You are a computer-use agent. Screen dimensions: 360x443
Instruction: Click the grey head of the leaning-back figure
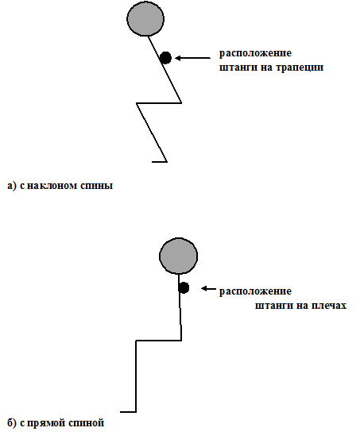coord(145,18)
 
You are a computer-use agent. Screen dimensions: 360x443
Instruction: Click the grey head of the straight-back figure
coord(179,256)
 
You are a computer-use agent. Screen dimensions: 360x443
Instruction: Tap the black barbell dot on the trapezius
coord(166,58)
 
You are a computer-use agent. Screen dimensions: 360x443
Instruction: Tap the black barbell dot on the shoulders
coord(184,287)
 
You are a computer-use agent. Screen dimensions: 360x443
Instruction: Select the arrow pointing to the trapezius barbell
coord(193,58)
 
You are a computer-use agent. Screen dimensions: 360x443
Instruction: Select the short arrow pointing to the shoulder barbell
coord(208,288)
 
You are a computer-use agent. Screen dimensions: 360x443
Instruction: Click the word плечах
coord(329,306)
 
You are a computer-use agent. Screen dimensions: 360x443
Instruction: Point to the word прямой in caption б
coord(47,423)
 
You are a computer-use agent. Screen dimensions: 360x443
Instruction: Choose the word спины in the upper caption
coord(97,186)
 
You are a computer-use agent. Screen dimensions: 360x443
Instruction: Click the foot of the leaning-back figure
coord(160,162)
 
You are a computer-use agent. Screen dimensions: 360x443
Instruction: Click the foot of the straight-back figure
coord(128,412)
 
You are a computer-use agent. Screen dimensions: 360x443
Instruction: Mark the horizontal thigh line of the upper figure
coord(159,103)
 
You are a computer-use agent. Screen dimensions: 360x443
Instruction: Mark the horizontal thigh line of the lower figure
coord(159,341)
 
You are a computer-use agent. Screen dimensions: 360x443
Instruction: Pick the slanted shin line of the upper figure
coord(152,133)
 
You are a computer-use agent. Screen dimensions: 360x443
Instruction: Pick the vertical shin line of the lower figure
coord(136,376)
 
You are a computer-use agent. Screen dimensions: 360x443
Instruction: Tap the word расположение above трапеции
coord(255,53)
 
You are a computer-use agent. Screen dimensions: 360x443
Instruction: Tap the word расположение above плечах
coord(255,291)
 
